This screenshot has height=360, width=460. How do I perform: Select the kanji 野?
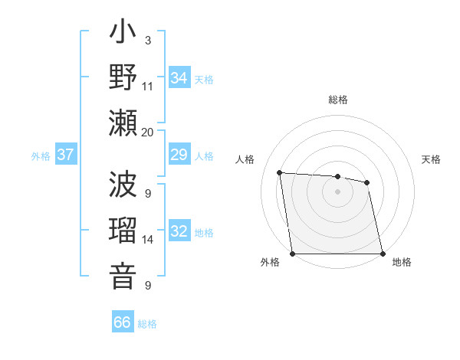123,79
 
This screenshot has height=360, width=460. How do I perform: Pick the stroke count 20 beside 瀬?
147,132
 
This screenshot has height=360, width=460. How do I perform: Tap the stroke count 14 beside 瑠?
148,240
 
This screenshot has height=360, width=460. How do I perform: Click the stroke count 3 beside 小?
147,39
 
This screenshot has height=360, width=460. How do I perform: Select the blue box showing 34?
179,78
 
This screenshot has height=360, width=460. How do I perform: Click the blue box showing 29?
179,155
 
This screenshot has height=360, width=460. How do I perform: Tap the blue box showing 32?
179,232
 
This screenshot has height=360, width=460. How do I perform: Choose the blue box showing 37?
66,155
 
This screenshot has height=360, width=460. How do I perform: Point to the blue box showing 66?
123,322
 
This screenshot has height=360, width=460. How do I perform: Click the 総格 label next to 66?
147,324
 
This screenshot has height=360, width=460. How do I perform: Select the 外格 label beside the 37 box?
41,156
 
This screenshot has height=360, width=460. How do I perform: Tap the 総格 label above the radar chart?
337,100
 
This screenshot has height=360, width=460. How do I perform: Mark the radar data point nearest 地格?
382,254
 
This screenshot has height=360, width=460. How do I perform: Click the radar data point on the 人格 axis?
280,172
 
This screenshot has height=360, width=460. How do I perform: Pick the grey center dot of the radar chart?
337,191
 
